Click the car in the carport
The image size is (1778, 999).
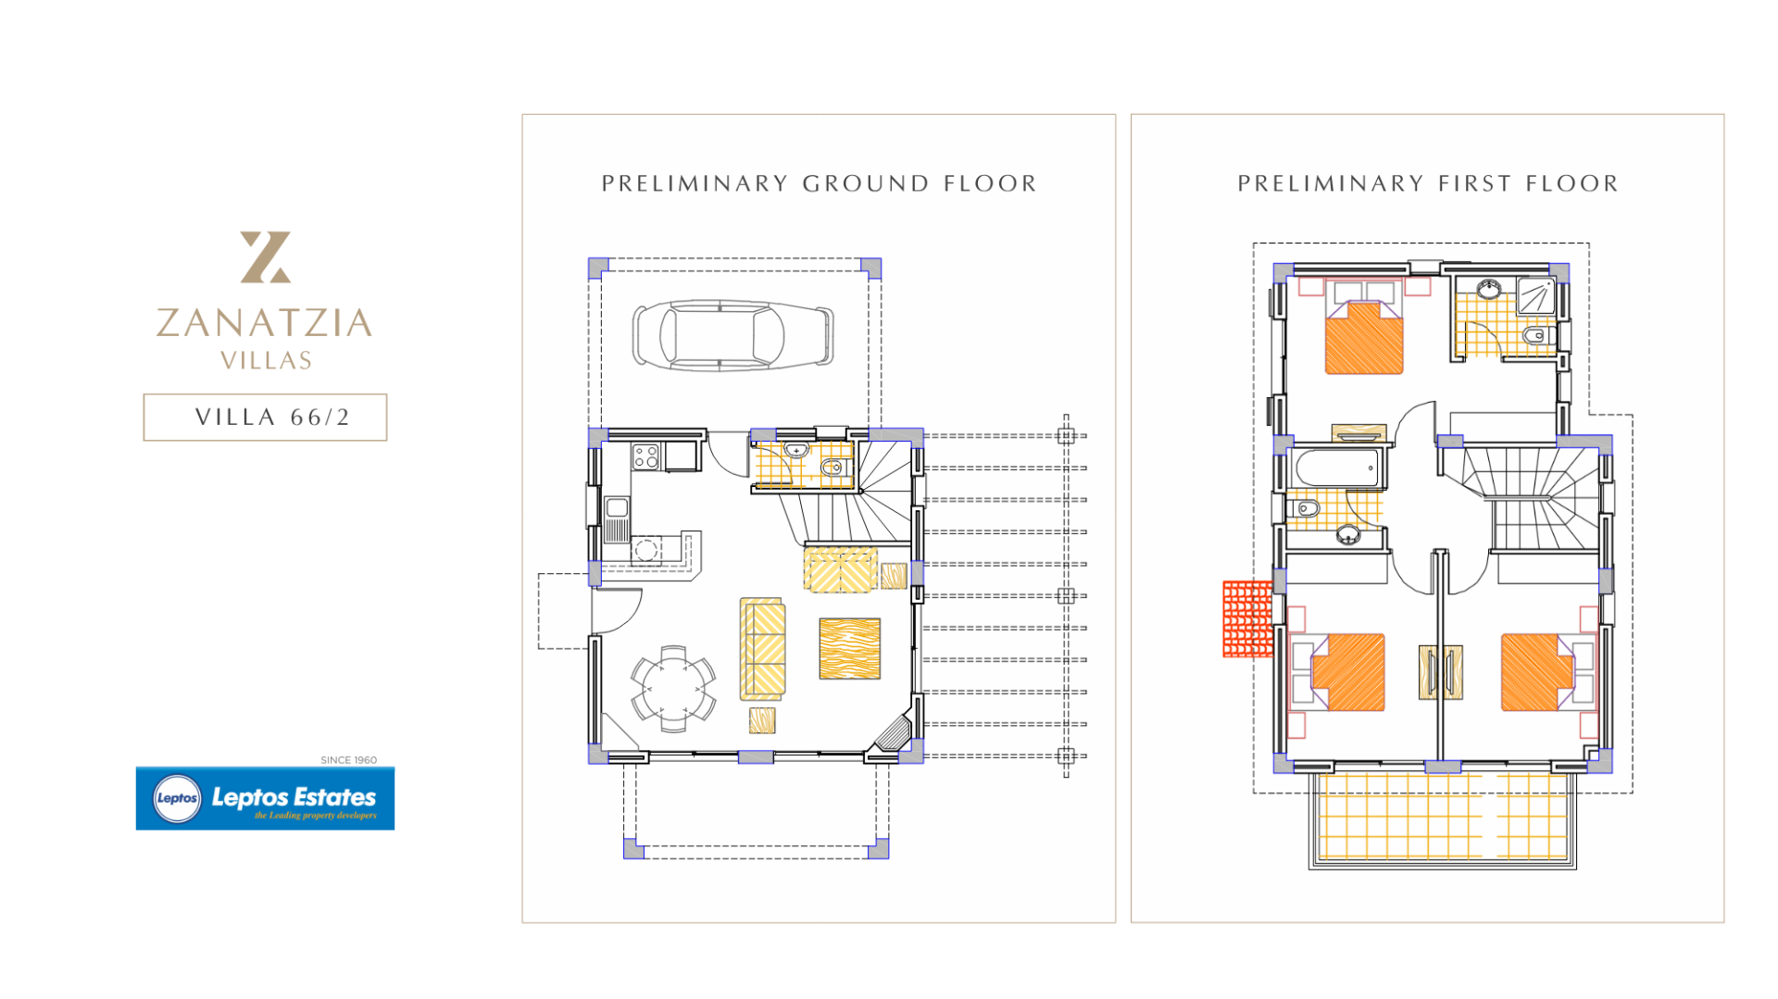[x=732, y=335]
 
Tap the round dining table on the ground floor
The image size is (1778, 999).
[x=673, y=688]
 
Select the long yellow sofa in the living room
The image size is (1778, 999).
[x=762, y=649]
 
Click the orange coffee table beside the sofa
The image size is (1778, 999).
[x=849, y=649]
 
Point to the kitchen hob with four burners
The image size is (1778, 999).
[x=645, y=456]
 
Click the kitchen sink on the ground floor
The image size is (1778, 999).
[x=617, y=518]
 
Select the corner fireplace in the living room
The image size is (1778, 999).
[x=895, y=732]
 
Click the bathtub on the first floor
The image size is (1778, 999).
[x=1338, y=468]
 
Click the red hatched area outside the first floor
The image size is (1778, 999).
[x=1248, y=618]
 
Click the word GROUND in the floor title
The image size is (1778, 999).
[x=866, y=183]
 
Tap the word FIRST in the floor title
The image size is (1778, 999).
[x=1475, y=183]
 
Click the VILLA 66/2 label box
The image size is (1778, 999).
[x=265, y=418]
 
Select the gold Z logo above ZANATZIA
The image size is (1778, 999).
[x=266, y=256]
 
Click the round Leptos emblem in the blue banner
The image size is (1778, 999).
[x=177, y=798]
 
